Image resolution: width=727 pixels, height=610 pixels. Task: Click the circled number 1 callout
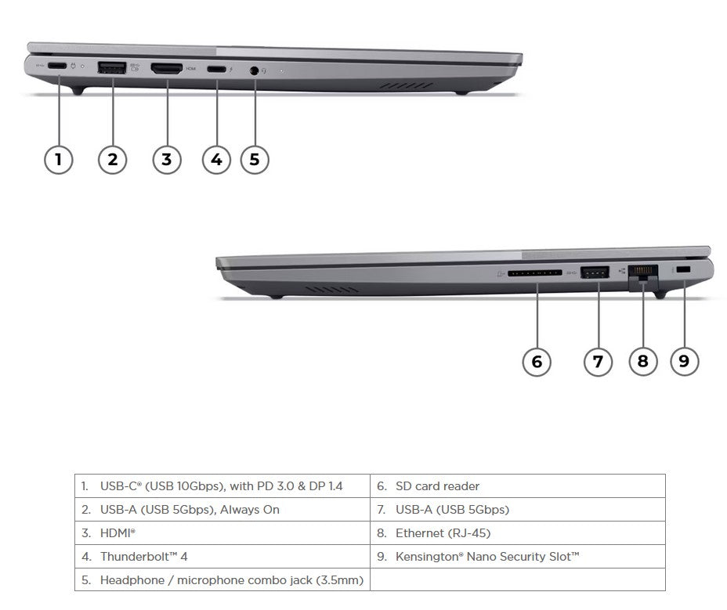point(58,160)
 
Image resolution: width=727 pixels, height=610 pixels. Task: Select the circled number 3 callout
point(166,160)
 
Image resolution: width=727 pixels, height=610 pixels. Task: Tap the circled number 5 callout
point(254,160)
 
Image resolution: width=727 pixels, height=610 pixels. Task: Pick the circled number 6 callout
point(537,361)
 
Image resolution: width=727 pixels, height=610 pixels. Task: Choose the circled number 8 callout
point(643,361)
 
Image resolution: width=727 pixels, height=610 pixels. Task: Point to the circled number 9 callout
point(684,361)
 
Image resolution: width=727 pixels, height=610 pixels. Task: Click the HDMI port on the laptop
point(166,69)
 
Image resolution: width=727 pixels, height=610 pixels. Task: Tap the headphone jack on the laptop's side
point(254,70)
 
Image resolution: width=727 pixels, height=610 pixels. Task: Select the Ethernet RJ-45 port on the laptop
point(642,273)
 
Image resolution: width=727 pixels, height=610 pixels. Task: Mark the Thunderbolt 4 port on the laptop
point(216,69)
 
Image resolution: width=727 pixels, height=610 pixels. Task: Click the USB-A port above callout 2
point(112,68)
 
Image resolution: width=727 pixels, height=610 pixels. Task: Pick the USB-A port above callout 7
point(595,272)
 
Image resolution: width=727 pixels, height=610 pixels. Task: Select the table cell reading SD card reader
point(437,486)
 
